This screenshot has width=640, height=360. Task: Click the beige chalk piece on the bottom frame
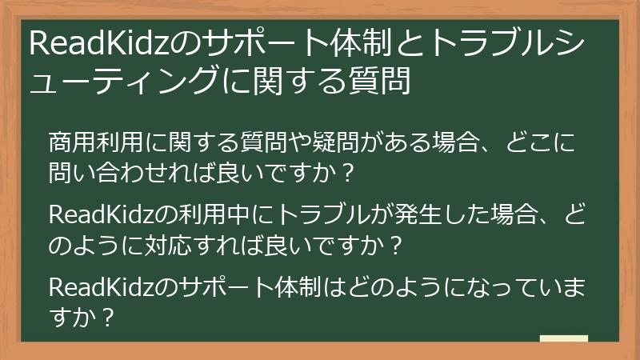point(564,338)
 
